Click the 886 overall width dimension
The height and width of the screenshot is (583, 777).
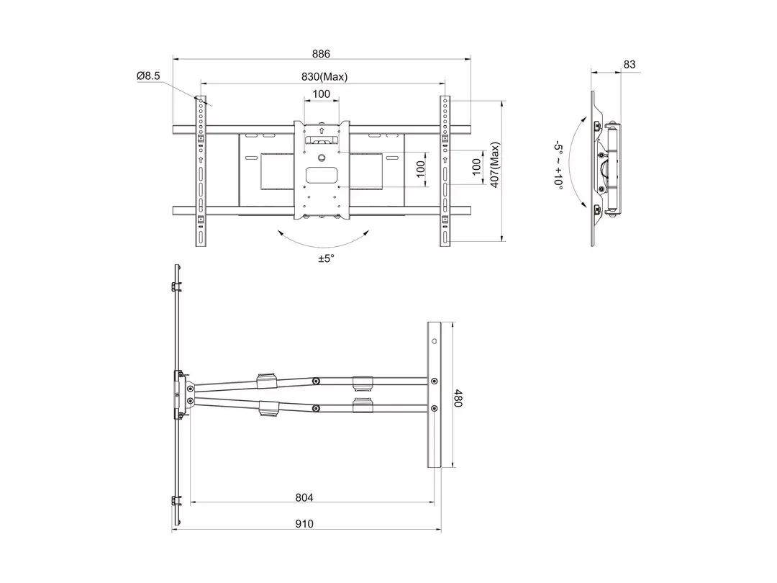pyautogui.click(x=321, y=53)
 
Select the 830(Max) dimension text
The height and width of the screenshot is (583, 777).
pyautogui.click(x=324, y=77)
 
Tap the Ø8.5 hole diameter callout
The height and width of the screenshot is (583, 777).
pyautogui.click(x=149, y=76)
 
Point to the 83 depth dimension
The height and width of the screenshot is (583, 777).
pyautogui.click(x=630, y=65)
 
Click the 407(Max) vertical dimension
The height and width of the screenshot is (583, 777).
pyautogui.click(x=494, y=165)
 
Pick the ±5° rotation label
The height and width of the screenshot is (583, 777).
pyautogui.click(x=327, y=258)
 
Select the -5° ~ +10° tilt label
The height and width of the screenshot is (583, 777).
pyautogui.click(x=558, y=164)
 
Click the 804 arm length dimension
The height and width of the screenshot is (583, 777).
pyautogui.click(x=304, y=497)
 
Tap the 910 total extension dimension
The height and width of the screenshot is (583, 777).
pyautogui.click(x=304, y=523)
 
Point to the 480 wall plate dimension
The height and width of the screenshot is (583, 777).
pyautogui.click(x=458, y=397)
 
